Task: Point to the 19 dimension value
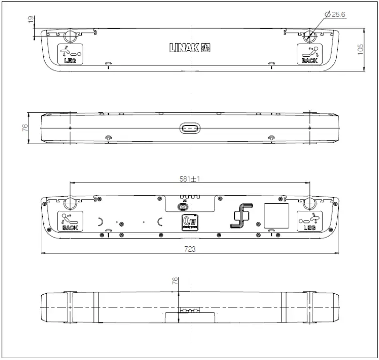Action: click(x=31, y=20)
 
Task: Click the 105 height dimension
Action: click(x=361, y=50)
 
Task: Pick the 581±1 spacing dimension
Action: click(x=190, y=178)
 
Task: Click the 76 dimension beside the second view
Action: click(x=24, y=128)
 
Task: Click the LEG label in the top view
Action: click(x=69, y=61)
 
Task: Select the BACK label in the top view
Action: click(x=309, y=61)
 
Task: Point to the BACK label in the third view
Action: click(x=70, y=227)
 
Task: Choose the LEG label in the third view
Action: click(x=309, y=227)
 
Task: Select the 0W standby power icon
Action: click(x=189, y=221)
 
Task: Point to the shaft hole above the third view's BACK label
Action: click(x=70, y=203)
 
